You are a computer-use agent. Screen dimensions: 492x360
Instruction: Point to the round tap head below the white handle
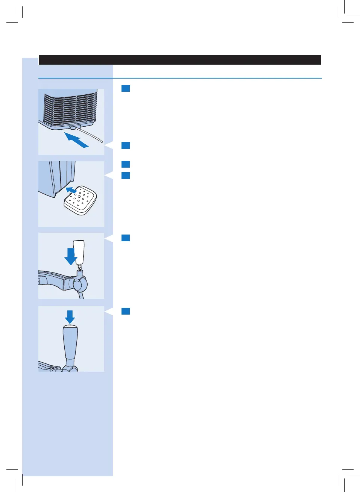80,285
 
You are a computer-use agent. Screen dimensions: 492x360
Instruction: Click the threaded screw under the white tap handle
79,266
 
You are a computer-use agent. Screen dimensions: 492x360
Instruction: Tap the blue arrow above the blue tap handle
70,316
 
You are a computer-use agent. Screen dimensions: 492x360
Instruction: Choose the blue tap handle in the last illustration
70,342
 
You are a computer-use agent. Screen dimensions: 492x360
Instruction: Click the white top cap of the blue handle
70,326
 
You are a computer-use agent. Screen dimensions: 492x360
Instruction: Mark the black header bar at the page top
180,60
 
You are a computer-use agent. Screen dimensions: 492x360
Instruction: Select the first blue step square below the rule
126,89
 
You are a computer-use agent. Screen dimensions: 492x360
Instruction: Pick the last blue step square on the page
126,311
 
